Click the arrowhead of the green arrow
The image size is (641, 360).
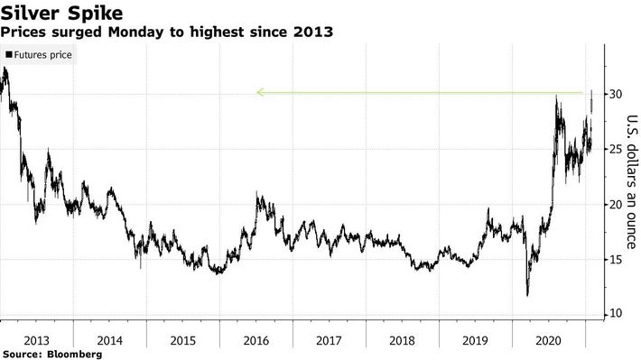click(x=259, y=92)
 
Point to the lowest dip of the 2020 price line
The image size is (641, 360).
click(x=527, y=294)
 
